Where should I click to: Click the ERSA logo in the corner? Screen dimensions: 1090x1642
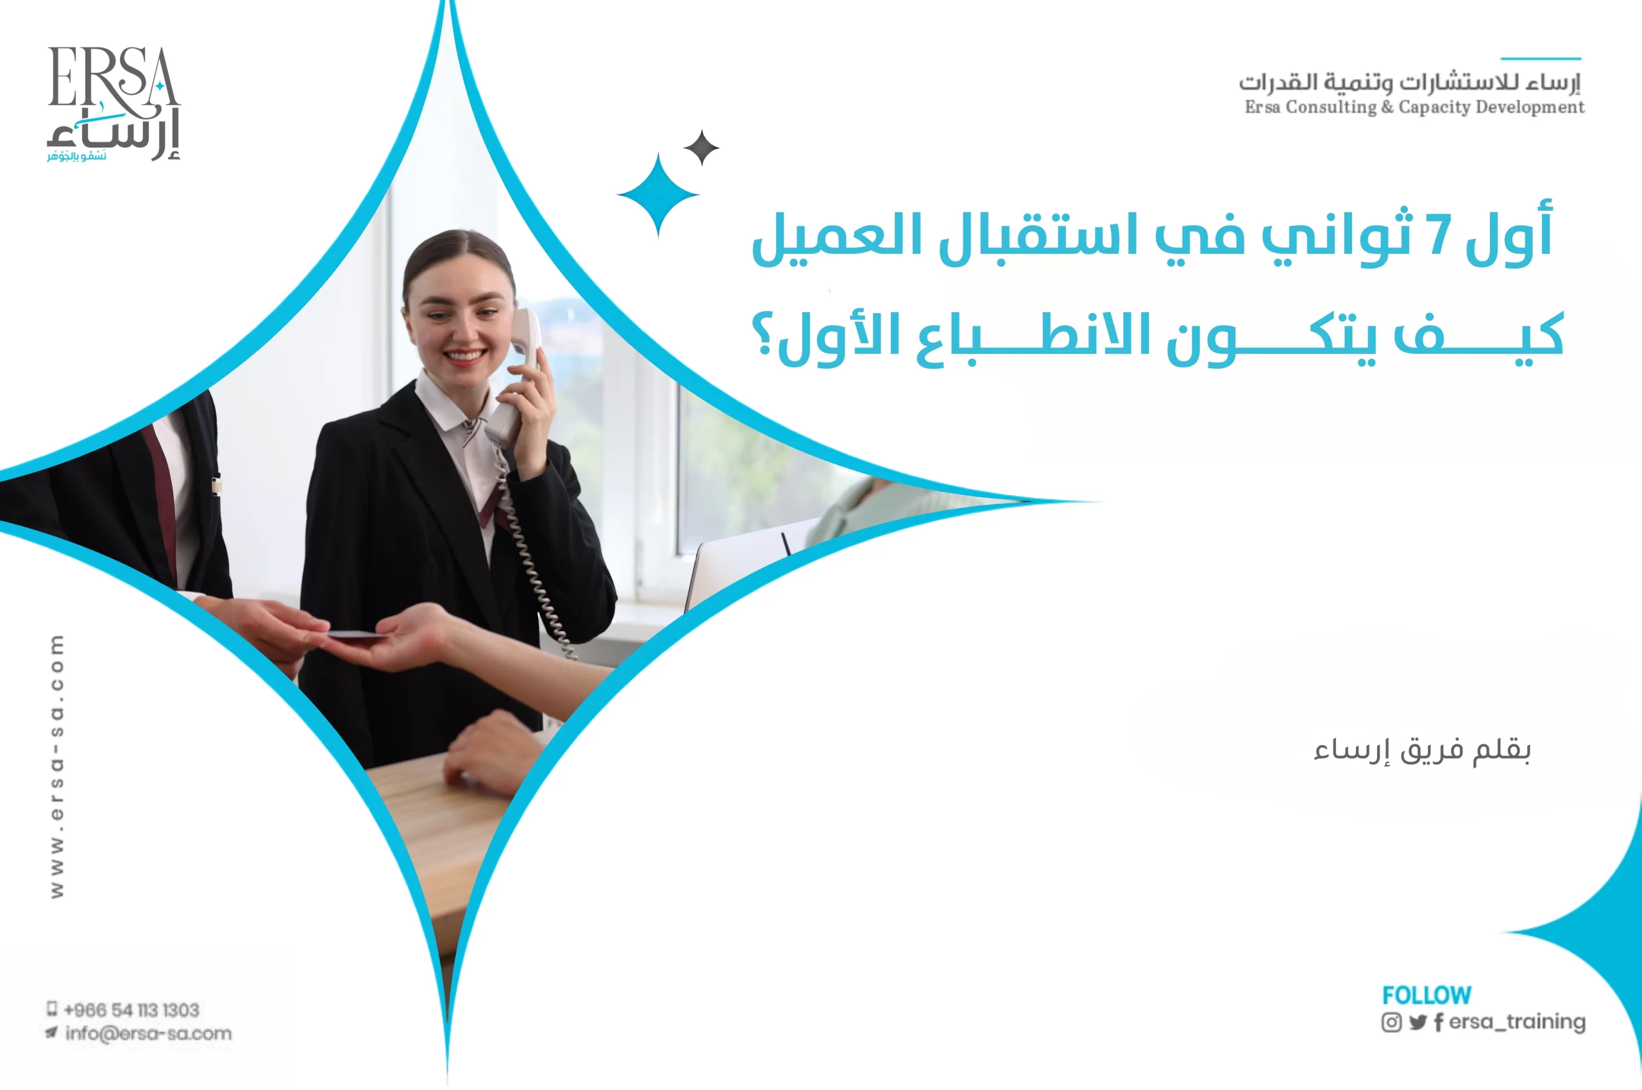coord(114,103)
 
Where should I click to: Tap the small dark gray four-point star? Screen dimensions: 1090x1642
coord(701,147)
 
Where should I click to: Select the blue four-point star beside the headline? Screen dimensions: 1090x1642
coord(658,196)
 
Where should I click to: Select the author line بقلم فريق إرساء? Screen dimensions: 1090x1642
coord(1421,750)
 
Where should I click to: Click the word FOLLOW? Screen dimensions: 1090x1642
coord(1426,994)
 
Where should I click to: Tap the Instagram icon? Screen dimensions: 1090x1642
coord(1391,1022)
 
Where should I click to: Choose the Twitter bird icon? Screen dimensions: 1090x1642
coord(1418,1022)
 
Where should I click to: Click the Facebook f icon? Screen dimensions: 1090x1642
coord(1437,1022)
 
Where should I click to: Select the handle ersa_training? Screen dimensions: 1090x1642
coord(1517,1021)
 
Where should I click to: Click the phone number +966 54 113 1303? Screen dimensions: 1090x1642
coord(131,1009)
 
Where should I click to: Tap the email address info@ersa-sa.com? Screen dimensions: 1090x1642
coord(148,1033)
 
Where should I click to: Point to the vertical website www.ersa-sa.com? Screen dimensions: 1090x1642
coord(57,766)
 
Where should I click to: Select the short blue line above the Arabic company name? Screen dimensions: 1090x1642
coord(1541,58)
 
